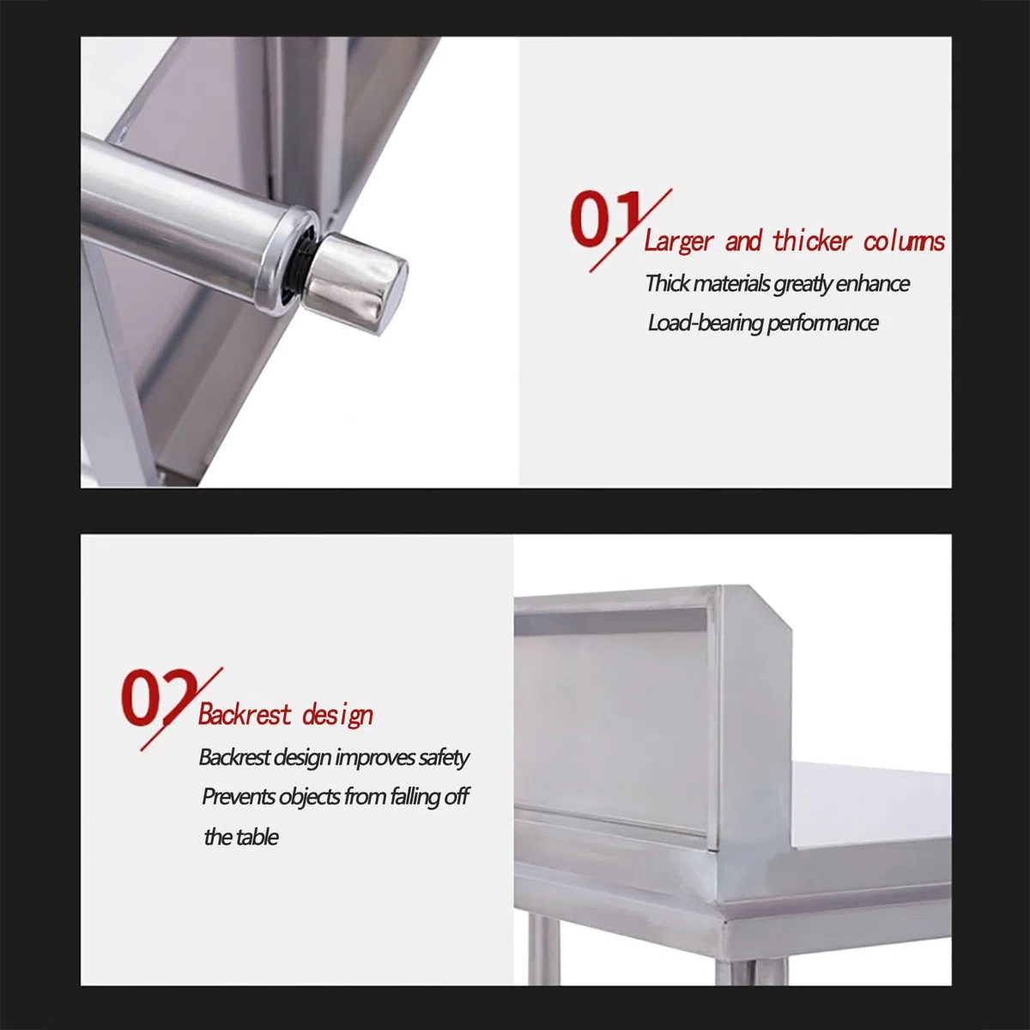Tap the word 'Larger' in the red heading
(678, 241)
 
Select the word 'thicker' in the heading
(811, 240)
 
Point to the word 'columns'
(904, 241)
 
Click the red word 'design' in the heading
(337, 716)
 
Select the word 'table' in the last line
(258, 837)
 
